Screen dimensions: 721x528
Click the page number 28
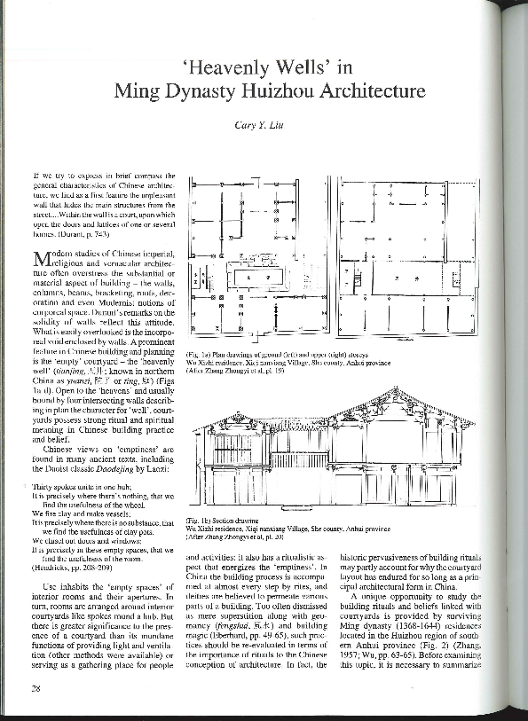click(x=36, y=688)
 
